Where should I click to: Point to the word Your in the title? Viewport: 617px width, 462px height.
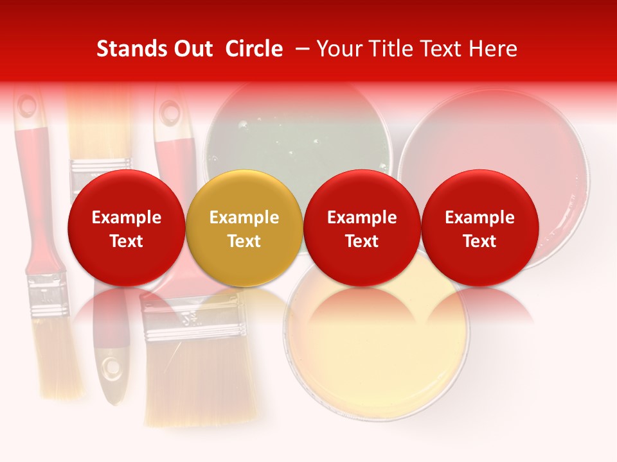[338, 49]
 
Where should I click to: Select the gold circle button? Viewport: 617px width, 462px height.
[244, 228]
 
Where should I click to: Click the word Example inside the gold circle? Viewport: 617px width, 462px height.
[244, 218]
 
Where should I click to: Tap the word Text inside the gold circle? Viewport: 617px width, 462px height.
[244, 241]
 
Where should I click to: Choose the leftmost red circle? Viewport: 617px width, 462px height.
[126, 228]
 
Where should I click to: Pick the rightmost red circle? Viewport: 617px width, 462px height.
[480, 228]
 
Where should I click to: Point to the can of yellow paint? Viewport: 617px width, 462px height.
[376, 346]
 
